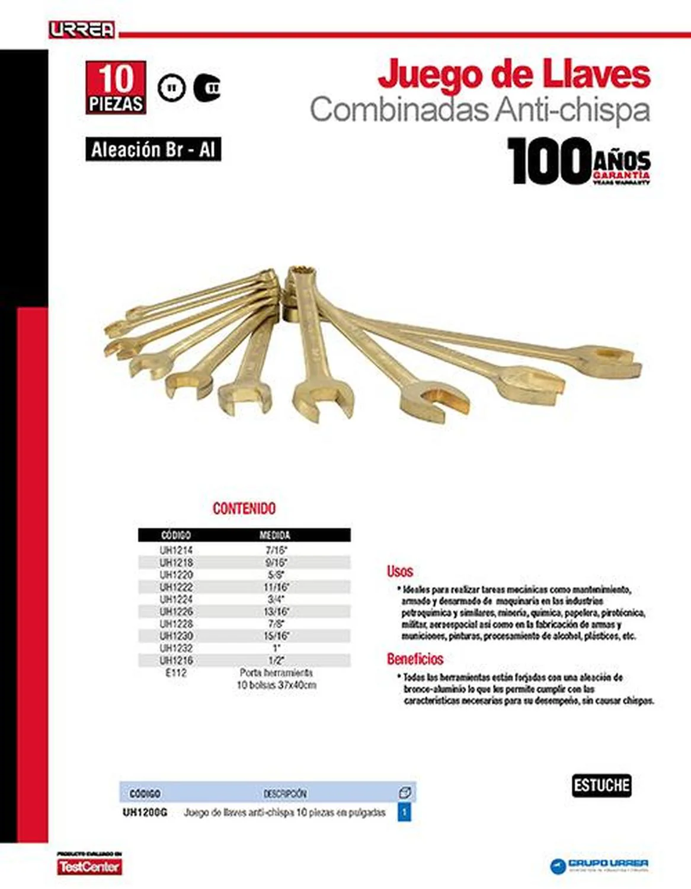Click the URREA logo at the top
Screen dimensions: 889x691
click(82, 30)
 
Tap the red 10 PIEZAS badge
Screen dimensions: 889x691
click(116, 87)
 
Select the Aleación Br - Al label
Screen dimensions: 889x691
click(153, 149)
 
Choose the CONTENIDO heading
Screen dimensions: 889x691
click(244, 509)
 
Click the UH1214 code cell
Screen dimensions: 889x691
click(176, 550)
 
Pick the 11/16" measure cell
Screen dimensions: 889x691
click(276, 587)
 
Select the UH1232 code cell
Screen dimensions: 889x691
click(176, 648)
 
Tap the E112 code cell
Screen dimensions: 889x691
click(176, 673)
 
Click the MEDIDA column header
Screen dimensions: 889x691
click(275, 535)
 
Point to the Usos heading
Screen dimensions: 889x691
click(400, 571)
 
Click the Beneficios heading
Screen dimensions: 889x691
click(415, 659)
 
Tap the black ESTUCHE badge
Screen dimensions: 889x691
click(602, 786)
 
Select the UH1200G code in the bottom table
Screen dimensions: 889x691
click(145, 813)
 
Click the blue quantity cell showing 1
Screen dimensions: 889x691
click(404, 812)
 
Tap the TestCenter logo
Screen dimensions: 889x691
click(89, 866)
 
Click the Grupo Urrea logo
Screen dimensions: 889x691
click(600, 865)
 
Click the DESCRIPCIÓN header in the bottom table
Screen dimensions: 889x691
click(285, 793)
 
